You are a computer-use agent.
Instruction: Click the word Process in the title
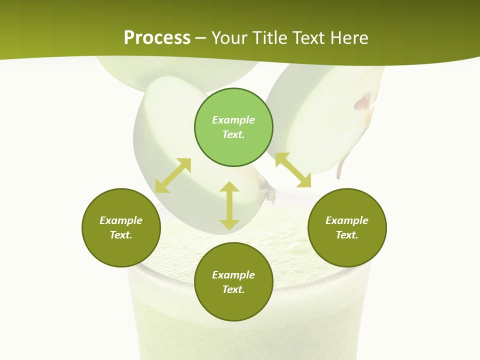157,38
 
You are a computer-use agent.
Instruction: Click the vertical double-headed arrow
229,206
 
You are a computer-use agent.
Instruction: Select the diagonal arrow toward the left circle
173,175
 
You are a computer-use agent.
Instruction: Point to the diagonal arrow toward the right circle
293,170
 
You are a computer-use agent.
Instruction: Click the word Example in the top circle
233,120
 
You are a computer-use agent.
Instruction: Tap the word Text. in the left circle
121,235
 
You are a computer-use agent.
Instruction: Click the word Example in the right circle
347,220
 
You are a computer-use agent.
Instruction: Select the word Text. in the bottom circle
233,289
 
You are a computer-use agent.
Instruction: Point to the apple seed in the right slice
363,102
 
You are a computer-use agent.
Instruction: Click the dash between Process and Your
200,38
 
